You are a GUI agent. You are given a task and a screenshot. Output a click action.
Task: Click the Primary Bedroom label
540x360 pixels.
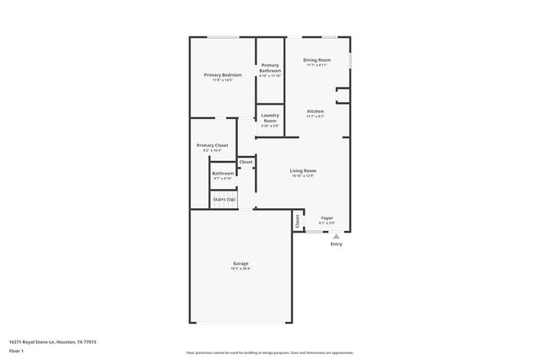point(223,75)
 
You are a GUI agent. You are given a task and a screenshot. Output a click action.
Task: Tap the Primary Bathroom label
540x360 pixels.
point(270,67)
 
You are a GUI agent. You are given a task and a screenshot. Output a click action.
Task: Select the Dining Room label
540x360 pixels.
point(317,60)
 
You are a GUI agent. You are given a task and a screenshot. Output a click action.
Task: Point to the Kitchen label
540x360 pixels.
point(316,110)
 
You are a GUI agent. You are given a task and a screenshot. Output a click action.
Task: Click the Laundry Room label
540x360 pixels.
point(270,118)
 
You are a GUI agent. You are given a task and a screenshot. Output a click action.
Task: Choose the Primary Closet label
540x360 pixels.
point(212,145)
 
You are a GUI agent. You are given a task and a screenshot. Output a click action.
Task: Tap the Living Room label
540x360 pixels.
point(303,170)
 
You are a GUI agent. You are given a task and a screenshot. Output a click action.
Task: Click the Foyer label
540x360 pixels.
point(327,218)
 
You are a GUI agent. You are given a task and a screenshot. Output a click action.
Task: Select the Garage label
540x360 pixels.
point(240,264)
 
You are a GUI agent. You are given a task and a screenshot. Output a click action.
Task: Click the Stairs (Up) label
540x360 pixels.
point(224,199)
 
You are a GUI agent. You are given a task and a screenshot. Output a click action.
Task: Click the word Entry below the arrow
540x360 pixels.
point(337,244)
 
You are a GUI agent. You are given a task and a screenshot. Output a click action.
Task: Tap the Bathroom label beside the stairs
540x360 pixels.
point(223,173)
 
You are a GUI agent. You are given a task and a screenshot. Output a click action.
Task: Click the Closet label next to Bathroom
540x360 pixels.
point(246,162)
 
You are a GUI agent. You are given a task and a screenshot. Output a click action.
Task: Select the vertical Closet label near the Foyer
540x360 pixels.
point(297,220)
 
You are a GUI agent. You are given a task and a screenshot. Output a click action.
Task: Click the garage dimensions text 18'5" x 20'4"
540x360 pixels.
point(240,269)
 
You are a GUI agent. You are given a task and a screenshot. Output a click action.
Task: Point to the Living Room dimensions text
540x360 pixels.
point(303,175)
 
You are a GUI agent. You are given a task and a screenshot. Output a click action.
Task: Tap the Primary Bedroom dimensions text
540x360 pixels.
point(223,80)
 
